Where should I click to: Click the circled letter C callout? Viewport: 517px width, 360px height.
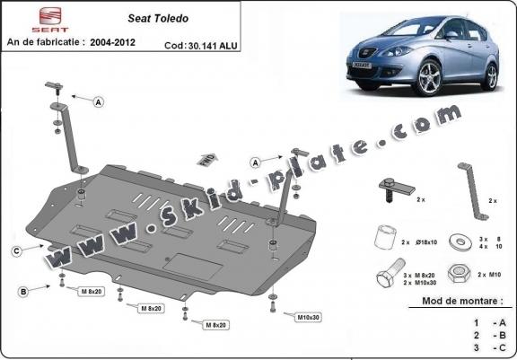(16, 250)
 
